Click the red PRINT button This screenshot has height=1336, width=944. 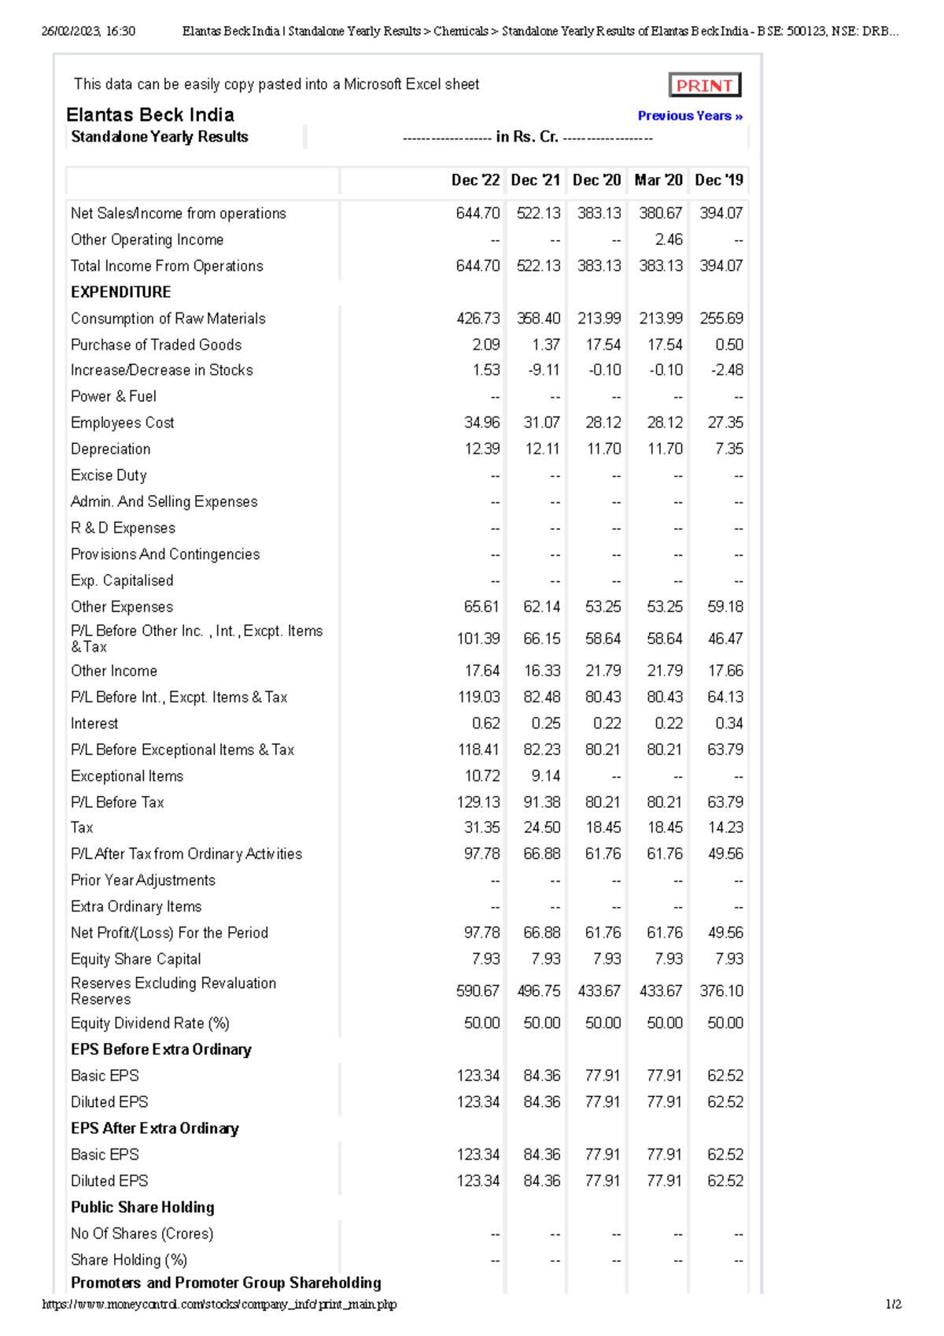(x=704, y=85)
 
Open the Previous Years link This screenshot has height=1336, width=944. (x=690, y=116)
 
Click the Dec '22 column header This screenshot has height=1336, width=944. (x=475, y=180)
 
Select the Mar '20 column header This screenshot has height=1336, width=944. (x=658, y=180)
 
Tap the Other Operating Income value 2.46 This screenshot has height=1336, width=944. (x=669, y=239)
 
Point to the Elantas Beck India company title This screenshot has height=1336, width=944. (x=150, y=115)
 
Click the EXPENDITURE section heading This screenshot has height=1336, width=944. (x=120, y=292)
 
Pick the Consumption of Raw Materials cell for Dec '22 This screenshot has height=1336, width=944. (x=478, y=318)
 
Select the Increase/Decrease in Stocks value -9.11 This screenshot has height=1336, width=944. (x=544, y=370)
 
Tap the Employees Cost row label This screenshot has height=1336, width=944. (x=122, y=423)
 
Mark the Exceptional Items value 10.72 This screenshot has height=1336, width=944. (x=481, y=776)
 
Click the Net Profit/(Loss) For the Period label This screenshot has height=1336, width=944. (x=169, y=933)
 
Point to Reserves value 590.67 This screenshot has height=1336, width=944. (x=478, y=991)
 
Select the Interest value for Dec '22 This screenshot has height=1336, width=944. (x=485, y=724)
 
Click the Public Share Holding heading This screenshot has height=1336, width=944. (x=142, y=1208)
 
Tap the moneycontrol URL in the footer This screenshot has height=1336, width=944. (x=219, y=1305)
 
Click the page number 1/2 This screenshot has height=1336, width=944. (x=893, y=1305)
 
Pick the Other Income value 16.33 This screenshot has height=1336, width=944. (x=542, y=671)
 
